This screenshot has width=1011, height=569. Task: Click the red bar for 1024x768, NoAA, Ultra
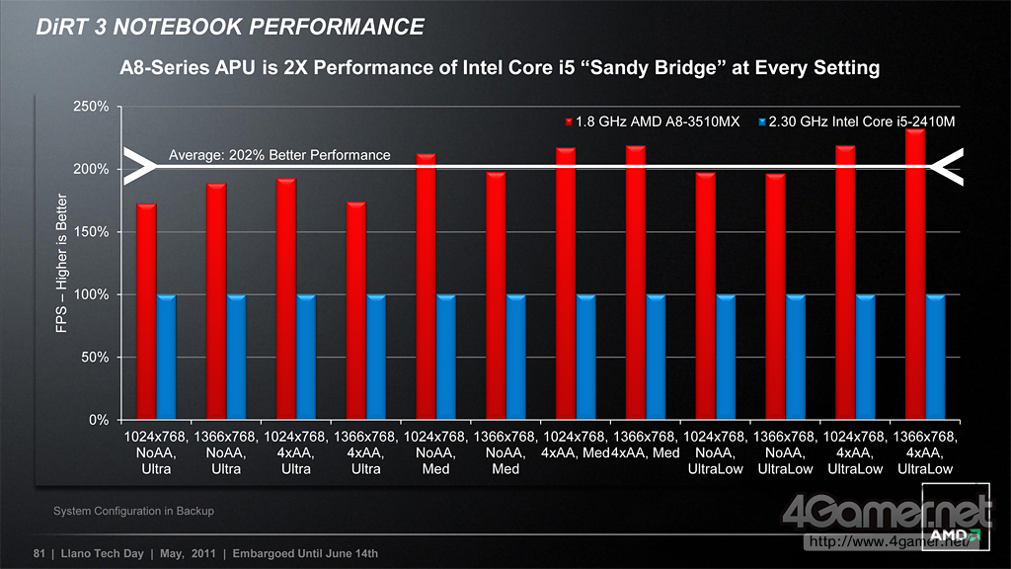point(146,311)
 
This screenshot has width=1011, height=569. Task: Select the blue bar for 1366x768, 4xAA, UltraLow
point(936,357)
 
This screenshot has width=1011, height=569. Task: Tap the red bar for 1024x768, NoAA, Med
point(426,286)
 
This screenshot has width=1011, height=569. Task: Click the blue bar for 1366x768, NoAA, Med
point(515,357)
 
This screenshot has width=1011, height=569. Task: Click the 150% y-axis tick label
point(91,232)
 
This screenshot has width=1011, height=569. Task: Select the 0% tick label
point(97,420)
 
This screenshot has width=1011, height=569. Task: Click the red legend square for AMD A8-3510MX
point(569,122)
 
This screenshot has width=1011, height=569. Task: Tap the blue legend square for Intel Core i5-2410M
point(761,122)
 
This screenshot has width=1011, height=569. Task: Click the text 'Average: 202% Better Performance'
point(279,155)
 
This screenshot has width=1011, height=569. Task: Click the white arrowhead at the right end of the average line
point(948,165)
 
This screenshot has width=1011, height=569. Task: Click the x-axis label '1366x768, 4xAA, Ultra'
point(365,452)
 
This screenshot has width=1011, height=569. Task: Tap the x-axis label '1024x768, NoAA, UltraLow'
point(716,452)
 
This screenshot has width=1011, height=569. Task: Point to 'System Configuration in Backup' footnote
point(133,511)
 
